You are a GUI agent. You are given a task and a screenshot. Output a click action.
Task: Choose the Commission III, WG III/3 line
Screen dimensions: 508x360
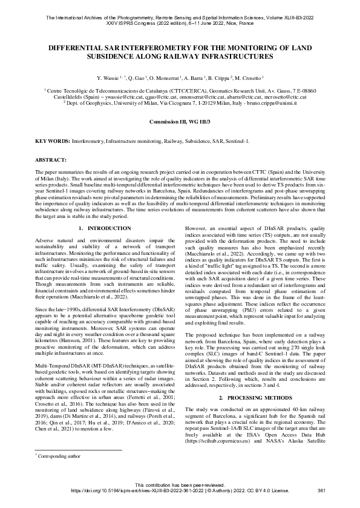coord(179,121)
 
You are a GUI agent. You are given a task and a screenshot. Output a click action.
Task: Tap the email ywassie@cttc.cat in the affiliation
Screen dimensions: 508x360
coord(127,97)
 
